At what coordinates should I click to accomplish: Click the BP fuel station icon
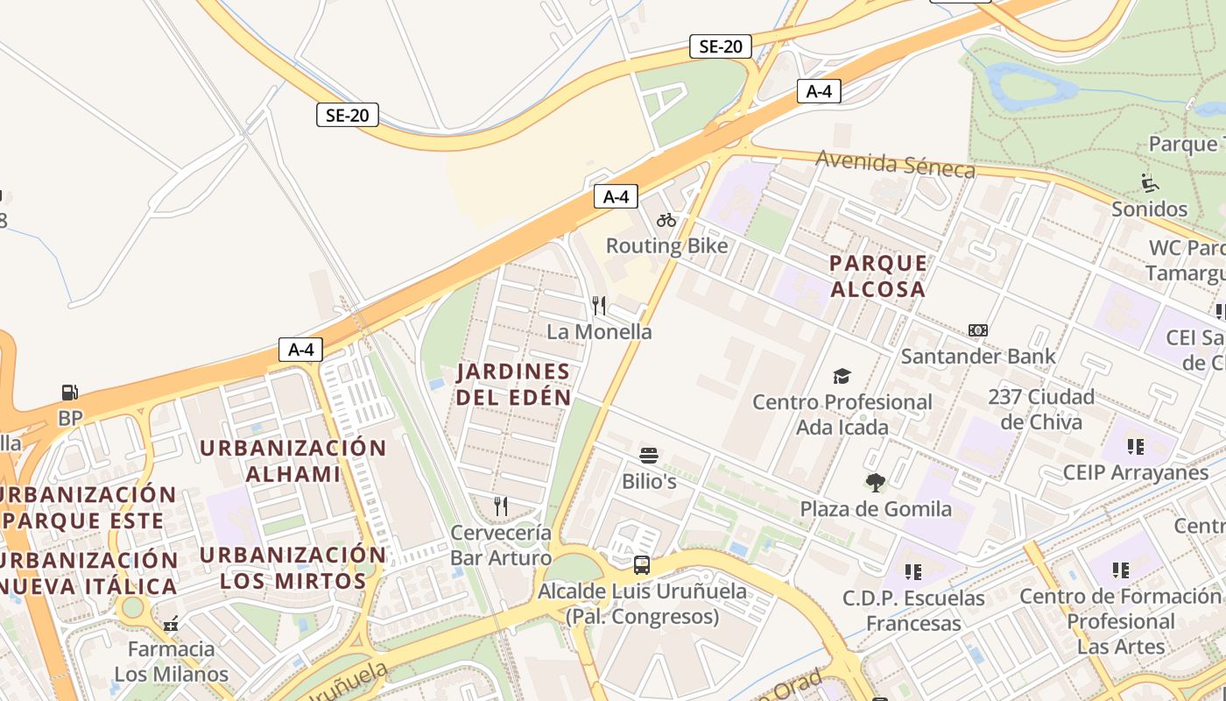69,392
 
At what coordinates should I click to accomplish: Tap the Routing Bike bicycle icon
666,220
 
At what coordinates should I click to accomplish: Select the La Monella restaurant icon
599,305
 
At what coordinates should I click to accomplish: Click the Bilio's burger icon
649,456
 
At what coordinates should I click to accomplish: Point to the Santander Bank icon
978,330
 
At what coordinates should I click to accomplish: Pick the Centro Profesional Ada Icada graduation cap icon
842,376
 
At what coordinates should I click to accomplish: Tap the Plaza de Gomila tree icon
875,482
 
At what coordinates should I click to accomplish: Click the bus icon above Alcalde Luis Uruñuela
642,564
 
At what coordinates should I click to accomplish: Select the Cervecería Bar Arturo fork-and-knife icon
501,506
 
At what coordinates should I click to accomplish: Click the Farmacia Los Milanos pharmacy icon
171,623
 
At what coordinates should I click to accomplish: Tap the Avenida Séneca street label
895,164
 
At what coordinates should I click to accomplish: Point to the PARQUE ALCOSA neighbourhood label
877,275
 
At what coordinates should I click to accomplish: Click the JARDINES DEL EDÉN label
513,384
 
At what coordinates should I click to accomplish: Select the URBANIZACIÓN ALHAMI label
292,460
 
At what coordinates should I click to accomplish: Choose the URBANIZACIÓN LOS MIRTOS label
292,567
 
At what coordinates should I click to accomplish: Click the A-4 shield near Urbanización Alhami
300,350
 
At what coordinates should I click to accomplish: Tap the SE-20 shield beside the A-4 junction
721,46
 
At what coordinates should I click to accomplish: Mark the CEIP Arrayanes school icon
1135,447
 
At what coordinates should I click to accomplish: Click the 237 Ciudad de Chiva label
1041,408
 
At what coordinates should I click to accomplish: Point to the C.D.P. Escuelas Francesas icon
913,572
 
